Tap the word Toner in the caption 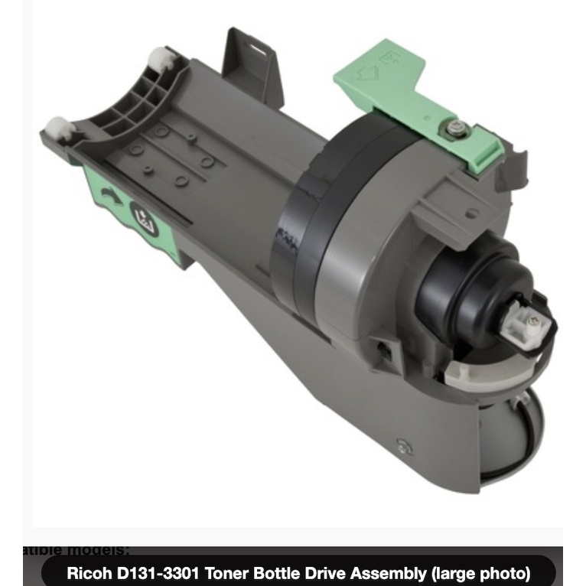(x=230, y=572)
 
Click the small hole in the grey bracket (x=474, y=213)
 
